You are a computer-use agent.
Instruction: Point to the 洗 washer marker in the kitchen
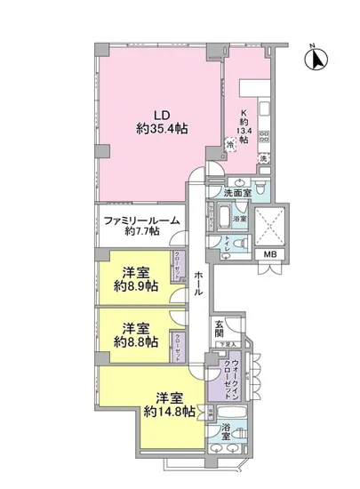pos(262,158)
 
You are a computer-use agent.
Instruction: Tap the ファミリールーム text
pos(142,220)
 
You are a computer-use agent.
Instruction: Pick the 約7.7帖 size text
pos(142,231)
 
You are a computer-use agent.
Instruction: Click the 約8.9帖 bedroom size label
pos(135,287)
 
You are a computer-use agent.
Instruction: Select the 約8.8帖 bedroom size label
pos(135,341)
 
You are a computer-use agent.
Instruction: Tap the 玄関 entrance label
pos(220,332)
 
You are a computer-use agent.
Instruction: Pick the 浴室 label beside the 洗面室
pos(239,218)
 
